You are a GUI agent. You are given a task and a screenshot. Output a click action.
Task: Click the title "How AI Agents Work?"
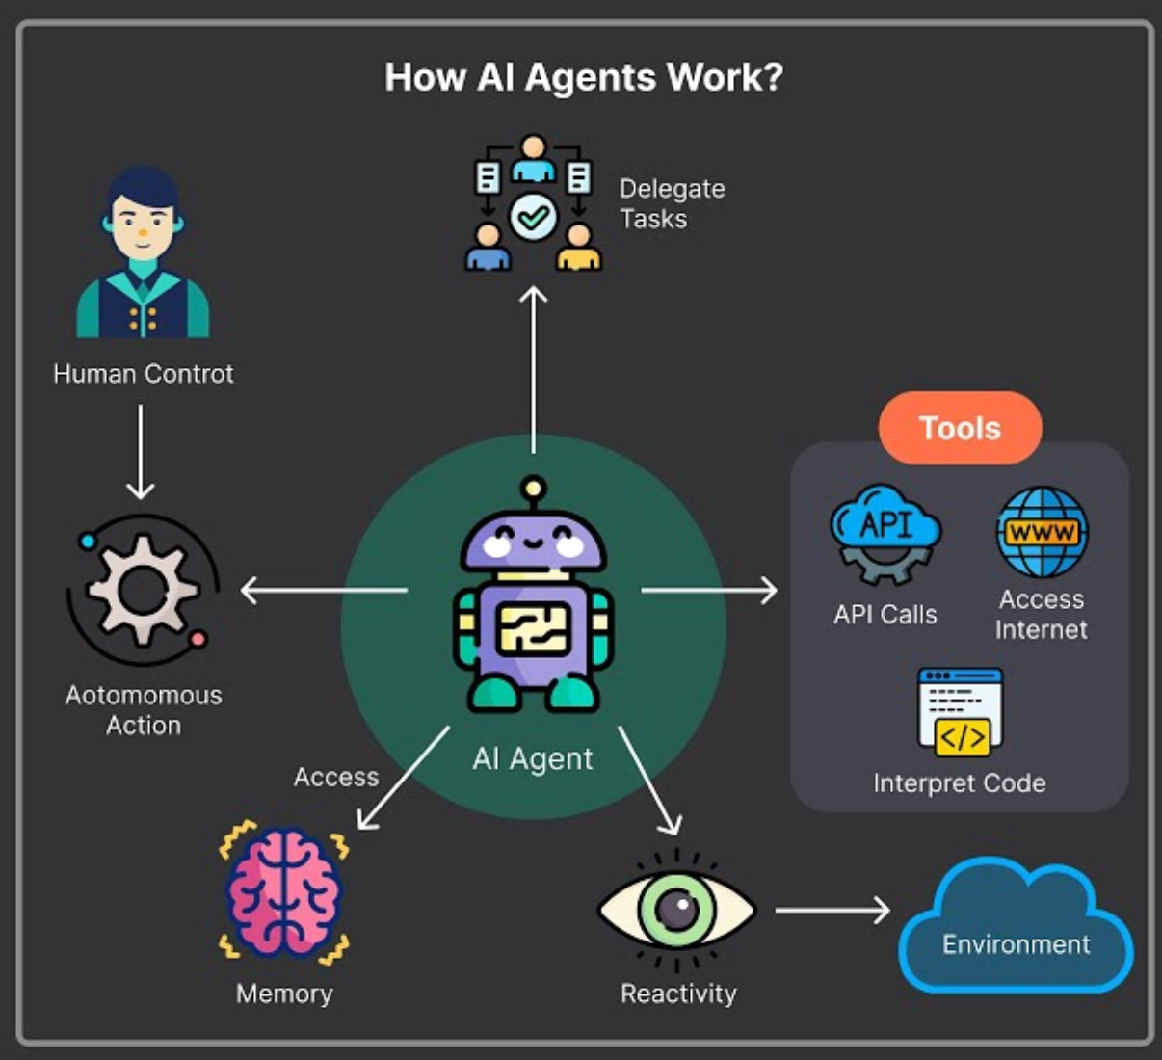point(584,78)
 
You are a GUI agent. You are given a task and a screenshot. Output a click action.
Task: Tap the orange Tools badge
point(960,428)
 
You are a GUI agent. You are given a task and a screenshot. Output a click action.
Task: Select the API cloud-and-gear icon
point(885,533)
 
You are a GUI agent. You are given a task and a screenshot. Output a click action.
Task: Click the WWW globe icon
point(1042,532)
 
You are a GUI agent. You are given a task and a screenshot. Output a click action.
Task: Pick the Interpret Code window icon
point(961,712)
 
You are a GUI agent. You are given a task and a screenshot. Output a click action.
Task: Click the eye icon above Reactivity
point(677,909)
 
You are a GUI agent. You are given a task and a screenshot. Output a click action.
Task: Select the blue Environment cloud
point(1016,930)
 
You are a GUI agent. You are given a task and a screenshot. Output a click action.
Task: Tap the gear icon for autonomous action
point(143,590)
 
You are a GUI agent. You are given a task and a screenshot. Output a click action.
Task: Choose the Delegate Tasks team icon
point(534,203)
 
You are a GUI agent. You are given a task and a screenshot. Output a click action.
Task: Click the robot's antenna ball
point(533,490)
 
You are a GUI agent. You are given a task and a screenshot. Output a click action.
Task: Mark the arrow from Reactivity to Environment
point(832,909)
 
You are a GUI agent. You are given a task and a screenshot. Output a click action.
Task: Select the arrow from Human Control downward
point(141,451)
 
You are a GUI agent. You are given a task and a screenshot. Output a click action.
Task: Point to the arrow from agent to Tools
point(708,590)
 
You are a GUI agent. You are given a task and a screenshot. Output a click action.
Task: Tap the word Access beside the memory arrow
point(336,777)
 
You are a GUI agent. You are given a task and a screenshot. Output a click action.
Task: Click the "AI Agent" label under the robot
point(533,759)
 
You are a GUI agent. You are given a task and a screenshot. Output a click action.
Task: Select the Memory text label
point(284,994)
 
